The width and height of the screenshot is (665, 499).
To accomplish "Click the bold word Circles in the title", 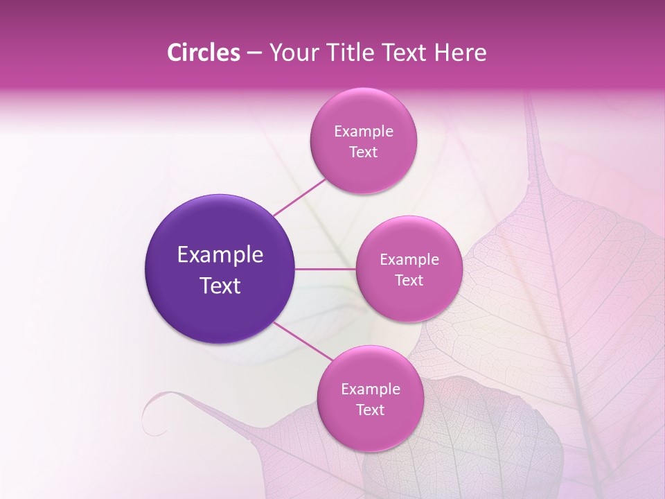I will click(x=204, y=53).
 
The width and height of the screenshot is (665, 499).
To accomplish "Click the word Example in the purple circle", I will click(x=220, y=255).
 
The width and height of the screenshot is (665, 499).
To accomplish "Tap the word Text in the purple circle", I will click(x=220, y=286).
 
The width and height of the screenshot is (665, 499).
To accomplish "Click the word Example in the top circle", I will click(x=364, y=132).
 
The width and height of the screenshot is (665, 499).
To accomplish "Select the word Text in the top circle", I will click(x=363, y=152).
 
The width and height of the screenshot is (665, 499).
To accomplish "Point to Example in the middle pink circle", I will click(x=409, y=260).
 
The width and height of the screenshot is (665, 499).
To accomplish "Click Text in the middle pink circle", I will click(x=409, y=281).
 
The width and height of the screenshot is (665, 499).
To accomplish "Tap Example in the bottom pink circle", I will click(x=371, y=389).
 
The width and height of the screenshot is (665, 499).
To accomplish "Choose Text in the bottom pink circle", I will click(x=370, y=410).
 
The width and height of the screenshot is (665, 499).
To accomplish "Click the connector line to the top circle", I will click(x=300, y=197).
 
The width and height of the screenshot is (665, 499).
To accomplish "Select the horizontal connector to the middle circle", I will click(x=325, y=269).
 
